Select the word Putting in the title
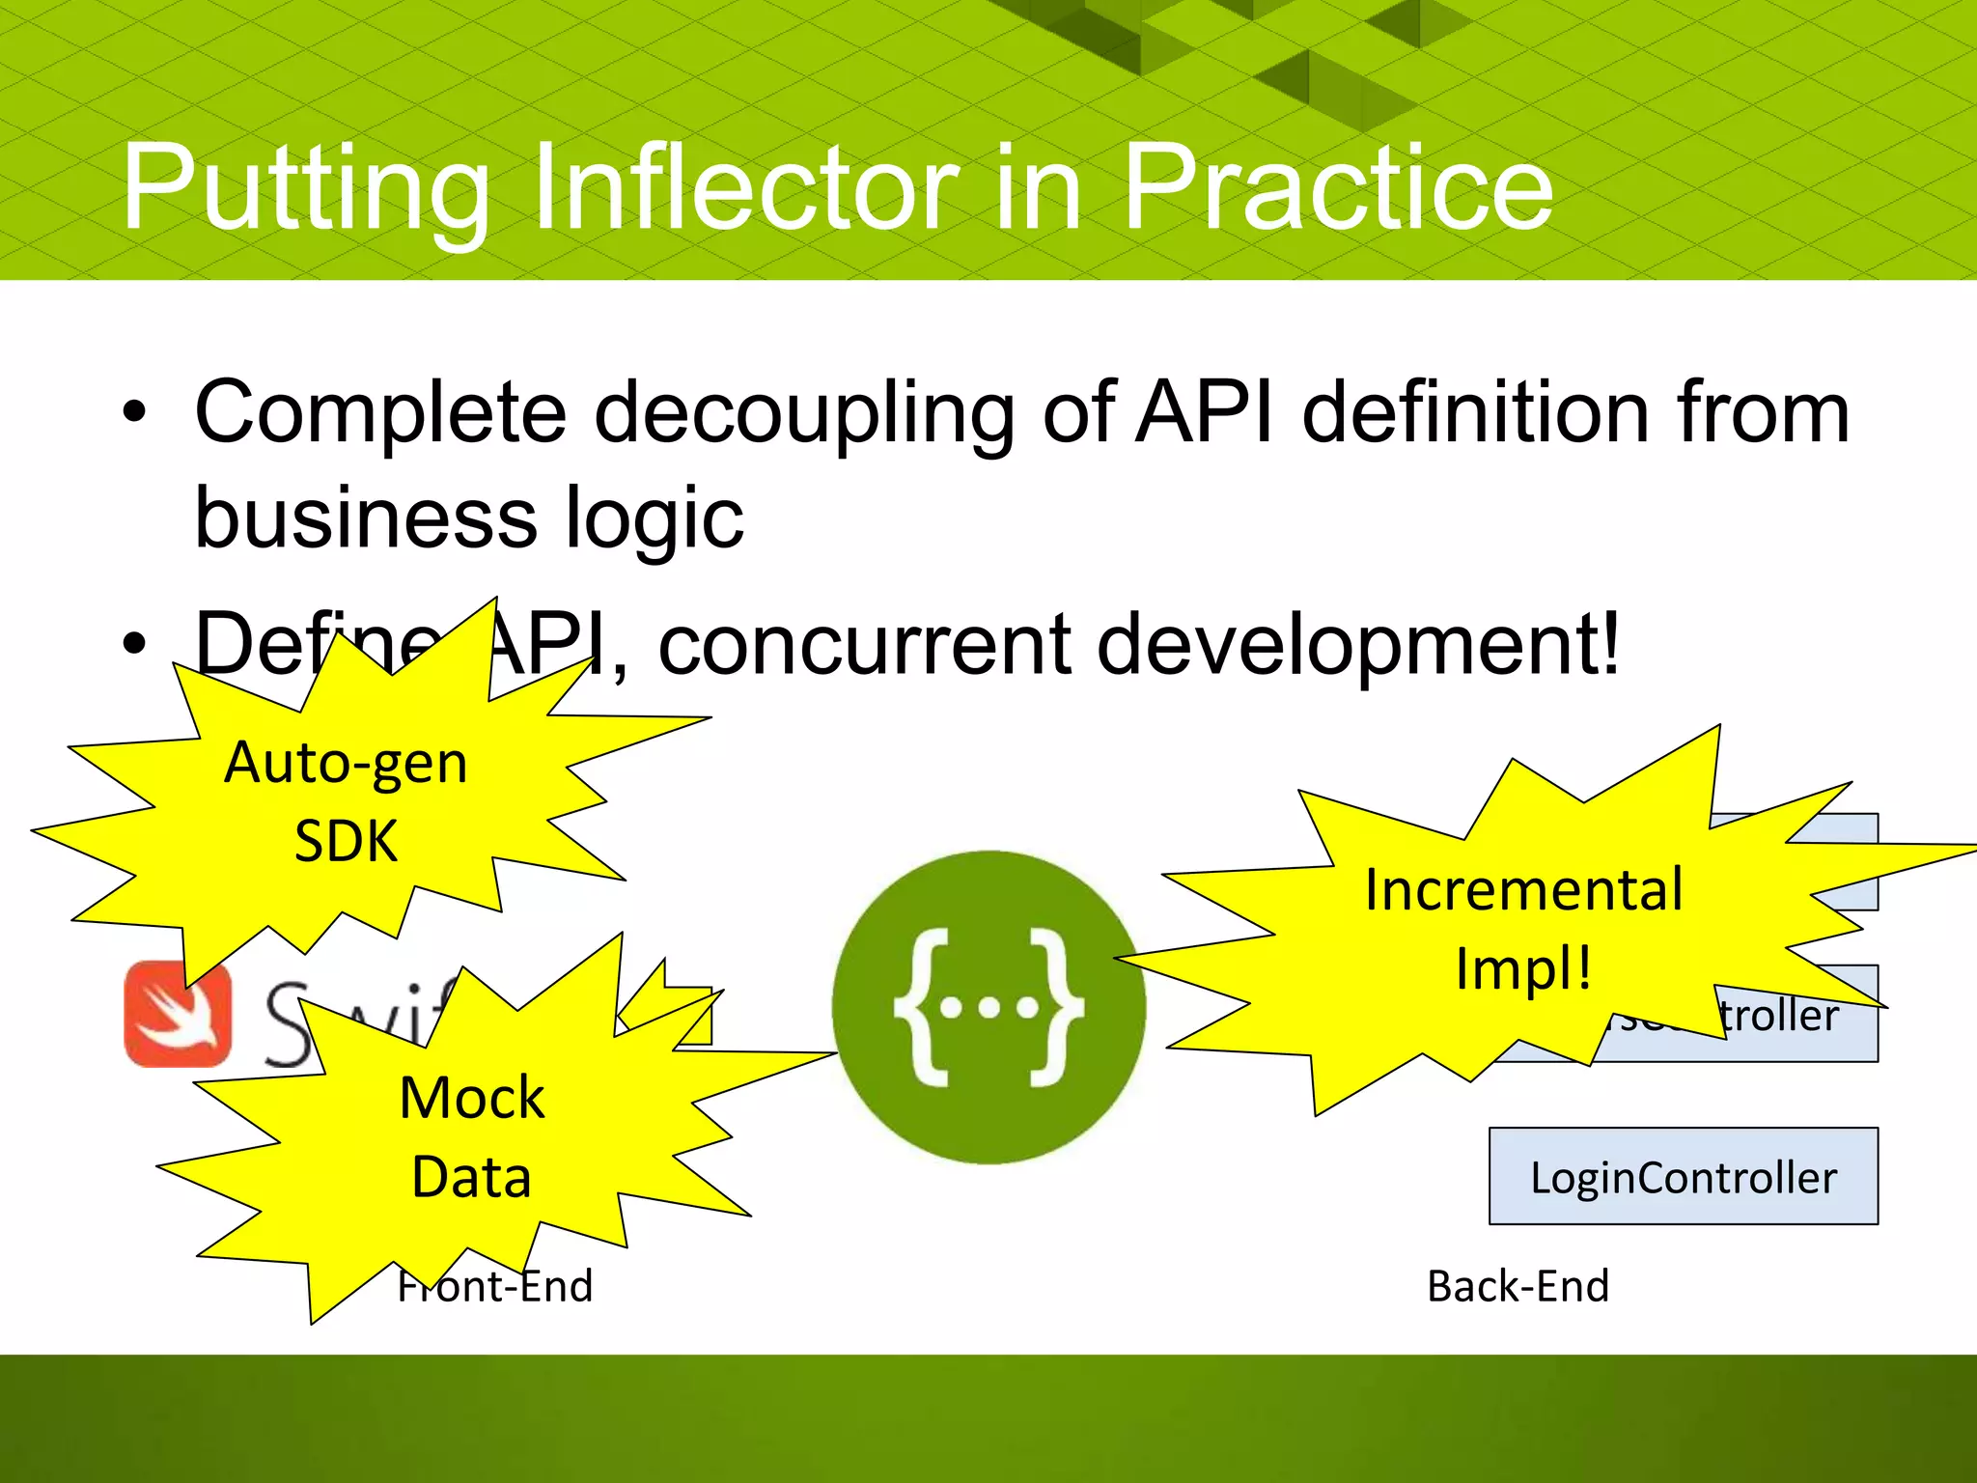click(305, 188)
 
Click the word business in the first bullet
click(365, 518)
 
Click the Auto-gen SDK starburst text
click(346, 801)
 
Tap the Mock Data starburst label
click(471, 1137)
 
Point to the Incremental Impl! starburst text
click(1523, 929)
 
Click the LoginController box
click(1683, 1177)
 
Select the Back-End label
click(1518, 1286)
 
